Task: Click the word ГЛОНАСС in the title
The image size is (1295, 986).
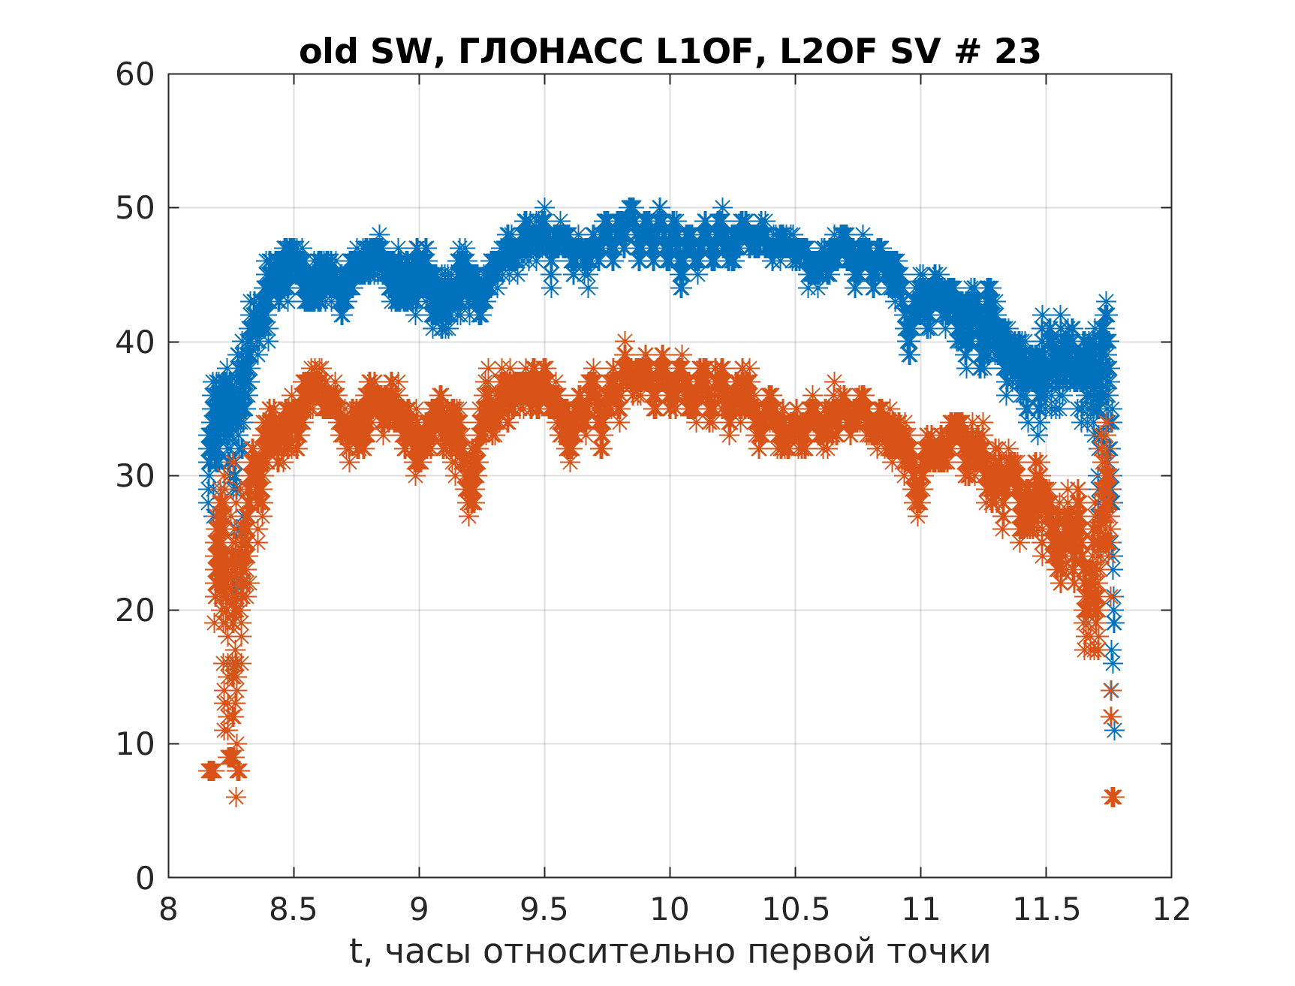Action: pyautogui.click(x=550, y=53)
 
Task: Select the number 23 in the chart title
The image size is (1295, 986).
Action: pyautogui.click(x=1018, y=53)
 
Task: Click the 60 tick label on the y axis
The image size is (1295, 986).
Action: pyautogui.click(x=134, y=74)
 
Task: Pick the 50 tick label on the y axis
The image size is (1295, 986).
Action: pyautogui.click(x=134, y=208)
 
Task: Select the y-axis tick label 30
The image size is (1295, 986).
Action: pyautogui.click(x=134, y=476)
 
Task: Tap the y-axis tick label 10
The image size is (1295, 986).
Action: pyautogui.click(x=134, y=744)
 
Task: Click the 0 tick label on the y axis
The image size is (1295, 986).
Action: pyautogui.click(x=145, y=878)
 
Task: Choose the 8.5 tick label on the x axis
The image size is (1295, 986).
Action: pyautogui.click(x=294, y=909)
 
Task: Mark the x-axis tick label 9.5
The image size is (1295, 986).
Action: pyautogui.click(x=544, y=909)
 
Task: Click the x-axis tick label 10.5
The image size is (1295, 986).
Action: pyautogui.click(x=795, y=909)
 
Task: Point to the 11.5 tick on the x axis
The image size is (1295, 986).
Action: pyautogui.click(x=1046, y=909)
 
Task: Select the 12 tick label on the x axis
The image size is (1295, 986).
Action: pyautogui.click(x=1171, y=909)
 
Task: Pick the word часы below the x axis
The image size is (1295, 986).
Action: pyautogui.click(x=429, y=952)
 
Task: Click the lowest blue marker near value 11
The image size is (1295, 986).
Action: pyautogui.click(x=1113, y=730)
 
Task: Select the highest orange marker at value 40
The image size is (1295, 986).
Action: pyautogui.click(x=625, y=342)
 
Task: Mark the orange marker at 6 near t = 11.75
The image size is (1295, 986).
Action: pyautogui.click(x=1113, y=798)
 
